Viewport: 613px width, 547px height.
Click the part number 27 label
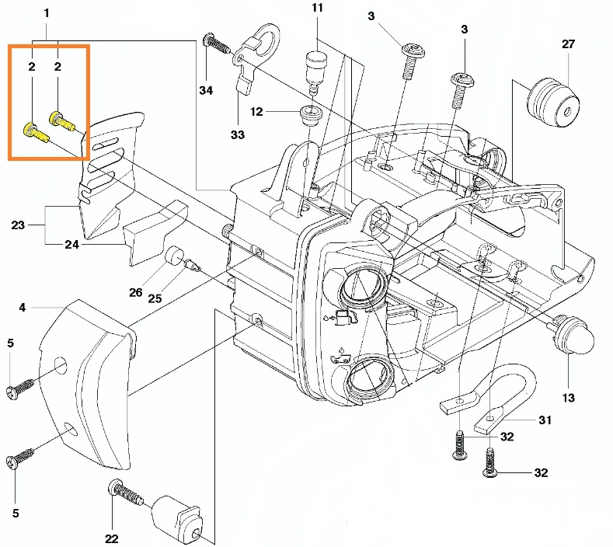tap(568, 44)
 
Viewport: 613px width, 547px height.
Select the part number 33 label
tap(237, 134)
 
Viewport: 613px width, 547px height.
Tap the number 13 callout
tap(568, 398)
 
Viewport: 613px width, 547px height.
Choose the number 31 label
tap(545, 420)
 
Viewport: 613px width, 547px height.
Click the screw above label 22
tap(126, 493)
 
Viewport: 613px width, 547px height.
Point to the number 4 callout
tap(22, 308)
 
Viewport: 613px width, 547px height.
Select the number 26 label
tap(136, 292)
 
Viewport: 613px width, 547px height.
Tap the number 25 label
tap(155, 298)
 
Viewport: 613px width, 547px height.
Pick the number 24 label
tap(71, 244)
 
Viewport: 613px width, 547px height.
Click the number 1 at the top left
tap(46, 13)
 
